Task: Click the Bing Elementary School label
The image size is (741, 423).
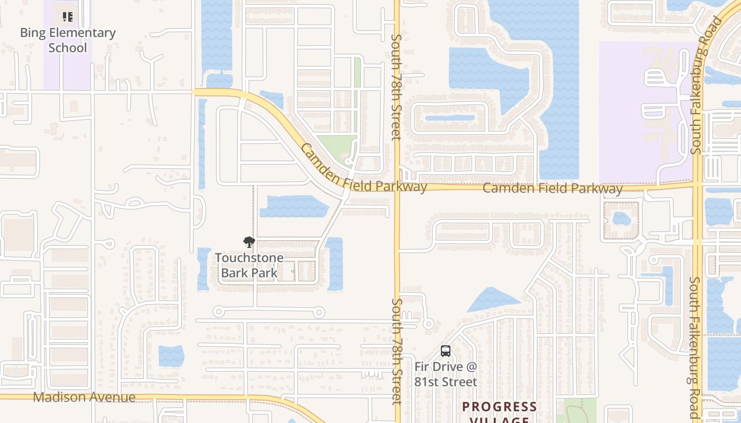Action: (x=68, y=40)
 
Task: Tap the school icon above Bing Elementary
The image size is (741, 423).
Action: (x=67, y=17)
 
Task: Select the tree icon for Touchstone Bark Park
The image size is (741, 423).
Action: (x=249, y=243)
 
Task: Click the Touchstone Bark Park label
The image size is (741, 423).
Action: (x=249, y=265)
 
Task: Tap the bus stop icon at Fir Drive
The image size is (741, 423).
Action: (x=446, y=351)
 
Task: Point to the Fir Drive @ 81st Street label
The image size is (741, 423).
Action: (x=446, y=374)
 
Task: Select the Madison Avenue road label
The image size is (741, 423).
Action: (x=84, y=397)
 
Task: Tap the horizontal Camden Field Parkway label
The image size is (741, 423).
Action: (x=553, y=188)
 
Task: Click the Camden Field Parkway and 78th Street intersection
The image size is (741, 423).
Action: (x=397, y=188)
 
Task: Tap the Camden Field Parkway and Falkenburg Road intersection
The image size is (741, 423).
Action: (x=698, y=184)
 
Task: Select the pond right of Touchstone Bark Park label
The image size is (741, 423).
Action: (x=335, y=263)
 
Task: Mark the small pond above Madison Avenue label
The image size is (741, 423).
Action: (x=171, y=355)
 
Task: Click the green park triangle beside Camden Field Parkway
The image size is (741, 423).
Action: (x=337, y=146)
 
